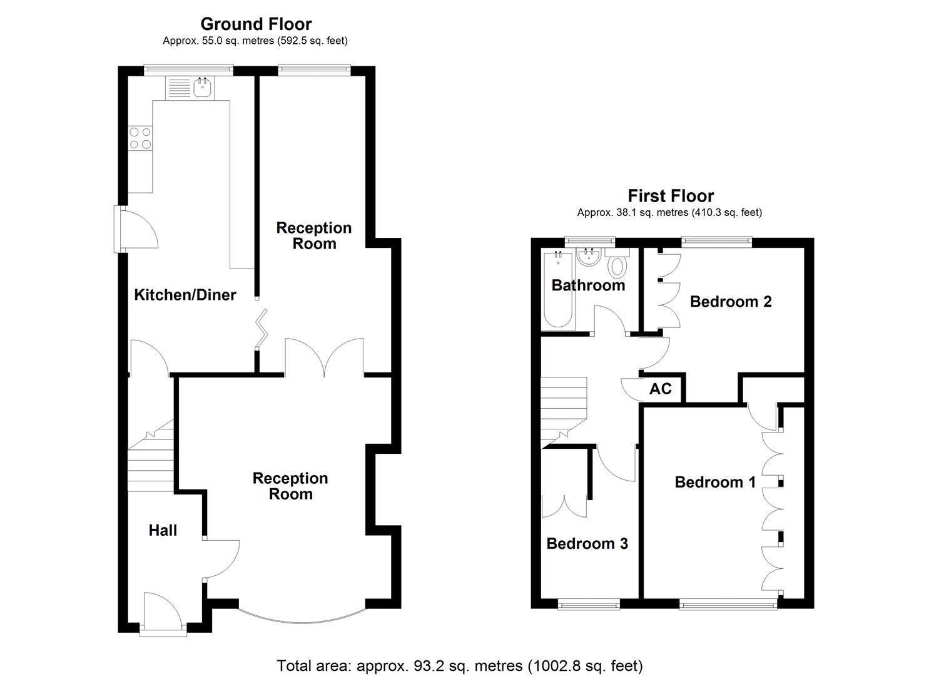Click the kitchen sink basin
pyautogui.click(x=202, y=89)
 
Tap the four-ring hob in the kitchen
pyautogui.click(x=140, y=138)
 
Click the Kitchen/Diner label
pyautogui.click(x=185, y=295)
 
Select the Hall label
pyautogui.click(x=163, y=530)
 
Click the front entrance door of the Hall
pyautogui.click(x=162, y=613)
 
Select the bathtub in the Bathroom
pyautogui.click(x=557, y=291)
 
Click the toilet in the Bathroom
pyautogui.click(x=617, y=265)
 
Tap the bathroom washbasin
pyautogui.click(x=588, y=257)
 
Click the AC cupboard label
pyautogui.click(x=661, y=389)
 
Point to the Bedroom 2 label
pyautogui.click(x=731, y=302)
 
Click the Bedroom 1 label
pyautogui.click(x=715, y=482)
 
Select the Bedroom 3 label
pyautogui.click(x=587, y=543)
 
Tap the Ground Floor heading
pyautogui.click(x=256, y=24)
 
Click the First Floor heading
pyautogui.click(x=671, y=196)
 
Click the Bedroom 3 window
pyautogui.click(x=589, y=604)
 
